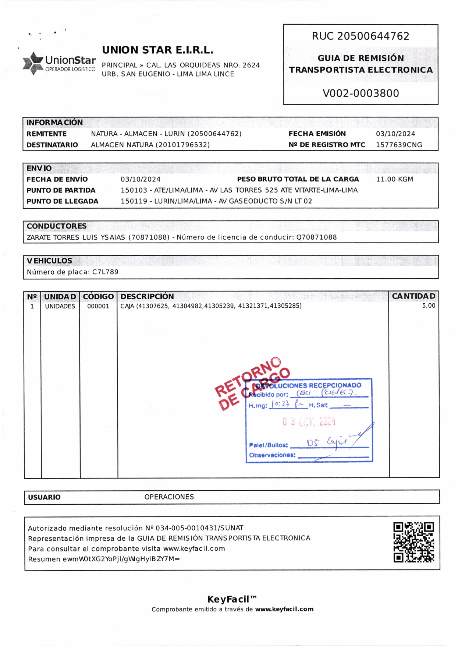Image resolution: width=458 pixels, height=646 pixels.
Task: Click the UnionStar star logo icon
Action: tap(33, 63)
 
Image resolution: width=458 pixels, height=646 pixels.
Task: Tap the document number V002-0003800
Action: tap(361, 93)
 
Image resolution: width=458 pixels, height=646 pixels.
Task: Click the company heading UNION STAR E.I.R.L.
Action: tap(157, 50)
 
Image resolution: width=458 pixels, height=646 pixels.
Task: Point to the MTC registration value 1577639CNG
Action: tap(399, 145)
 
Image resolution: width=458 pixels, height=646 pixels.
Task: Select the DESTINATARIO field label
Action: tap(52, 145)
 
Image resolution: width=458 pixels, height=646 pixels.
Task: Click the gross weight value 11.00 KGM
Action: tap(394, 179)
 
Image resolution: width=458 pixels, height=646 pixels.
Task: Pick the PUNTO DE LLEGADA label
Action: tap(63, 201)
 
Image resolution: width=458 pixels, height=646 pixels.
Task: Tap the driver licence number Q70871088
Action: tap(316, 237)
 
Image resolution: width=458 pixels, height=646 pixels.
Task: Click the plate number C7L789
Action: tap(105, 272)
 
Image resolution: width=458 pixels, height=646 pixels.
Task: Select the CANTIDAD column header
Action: tap(413, 296)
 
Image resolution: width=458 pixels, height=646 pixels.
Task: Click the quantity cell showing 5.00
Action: tap(428, 306)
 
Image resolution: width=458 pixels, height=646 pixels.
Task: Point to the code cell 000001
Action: tap(98, 306)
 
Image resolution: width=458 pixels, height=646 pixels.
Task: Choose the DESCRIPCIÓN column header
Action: tap(147, 297)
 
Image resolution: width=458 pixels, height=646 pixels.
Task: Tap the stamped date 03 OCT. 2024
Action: tap(309, 422)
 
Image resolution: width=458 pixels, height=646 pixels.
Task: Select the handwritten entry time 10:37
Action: tap(280, 405)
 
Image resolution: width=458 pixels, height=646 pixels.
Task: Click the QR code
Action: tap(413, 542)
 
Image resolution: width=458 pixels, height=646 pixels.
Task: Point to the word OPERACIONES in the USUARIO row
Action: tap(169, 497)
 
